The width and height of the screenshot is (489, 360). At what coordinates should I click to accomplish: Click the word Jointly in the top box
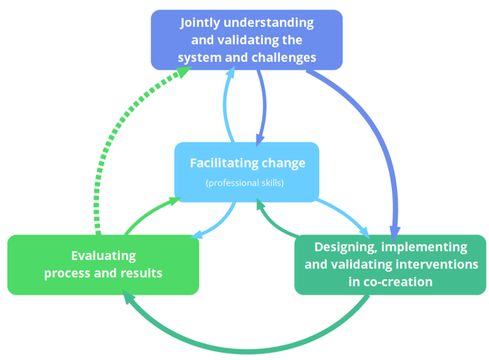[x=200, y=23]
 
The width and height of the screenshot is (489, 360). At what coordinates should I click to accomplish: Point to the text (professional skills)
[x=244, y=183]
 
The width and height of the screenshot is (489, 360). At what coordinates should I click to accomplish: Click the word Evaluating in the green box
[x=103, y=256]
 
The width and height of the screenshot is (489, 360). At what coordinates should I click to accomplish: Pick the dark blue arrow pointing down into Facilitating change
[x=263, y=105]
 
